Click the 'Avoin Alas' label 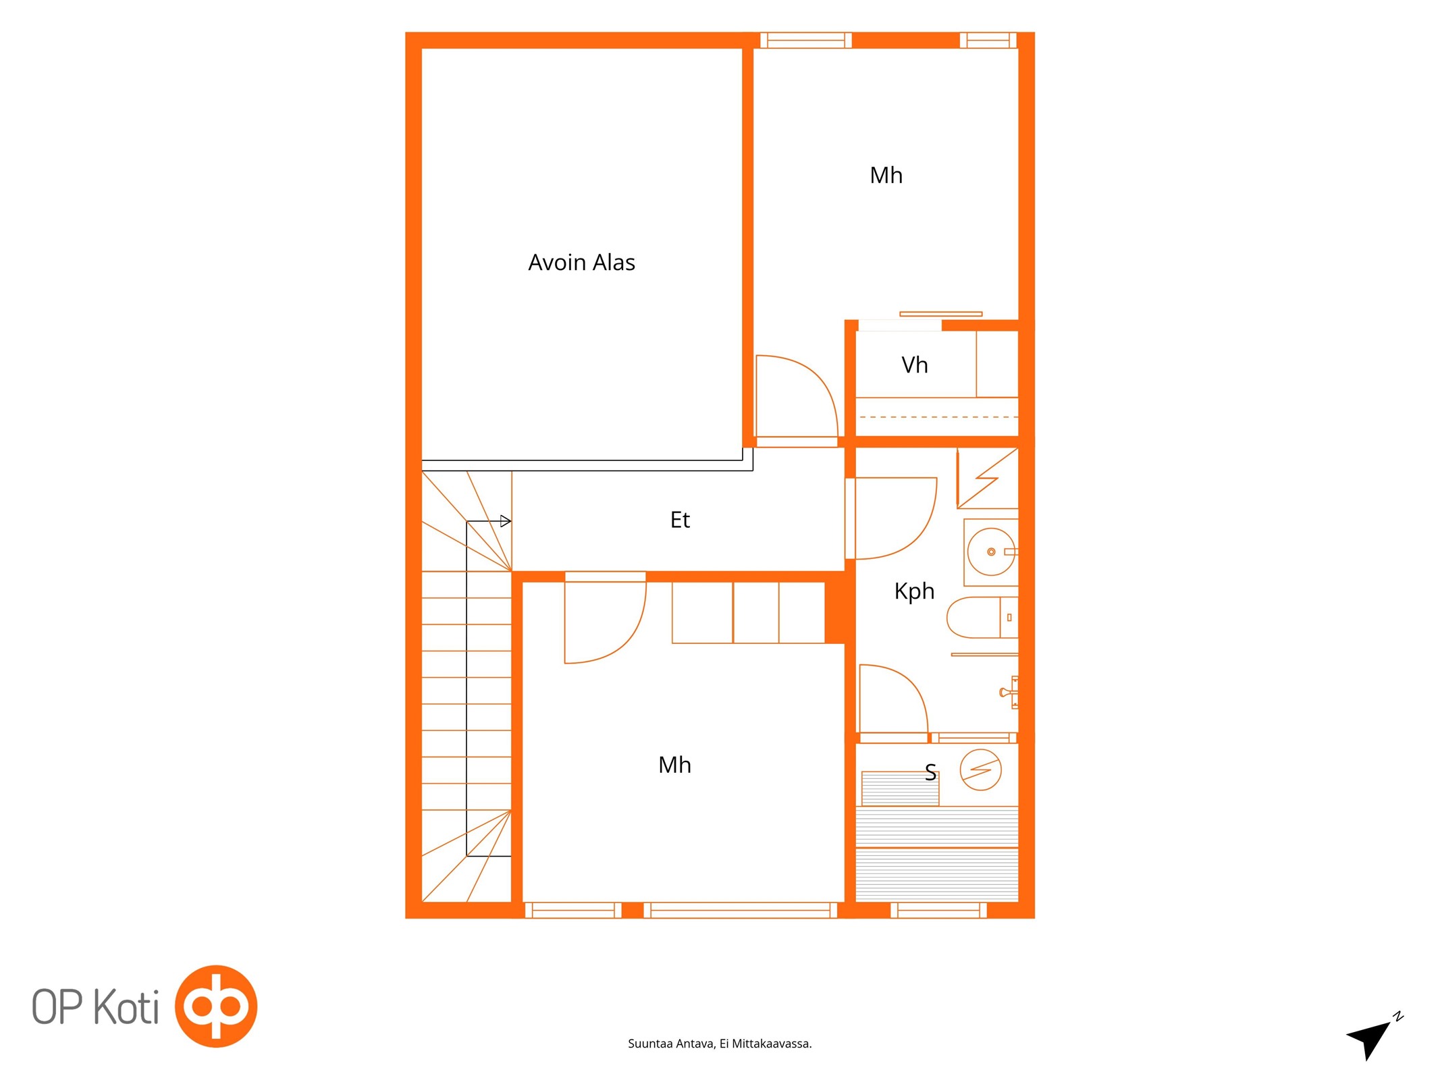[581, 262]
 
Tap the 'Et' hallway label [680, 520]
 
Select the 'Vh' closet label [915, 365]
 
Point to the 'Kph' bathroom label [914, 591]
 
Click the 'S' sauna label [930, 772]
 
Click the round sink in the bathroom [991, 551]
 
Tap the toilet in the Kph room [982, 617]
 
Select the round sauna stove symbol [980, 769]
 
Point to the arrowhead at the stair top [506, 521]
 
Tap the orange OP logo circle [216, 1006]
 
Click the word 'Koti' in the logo [126, 1007]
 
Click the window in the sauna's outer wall [938, 911]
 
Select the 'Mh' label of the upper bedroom [886, 175]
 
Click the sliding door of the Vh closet [940, 314]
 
